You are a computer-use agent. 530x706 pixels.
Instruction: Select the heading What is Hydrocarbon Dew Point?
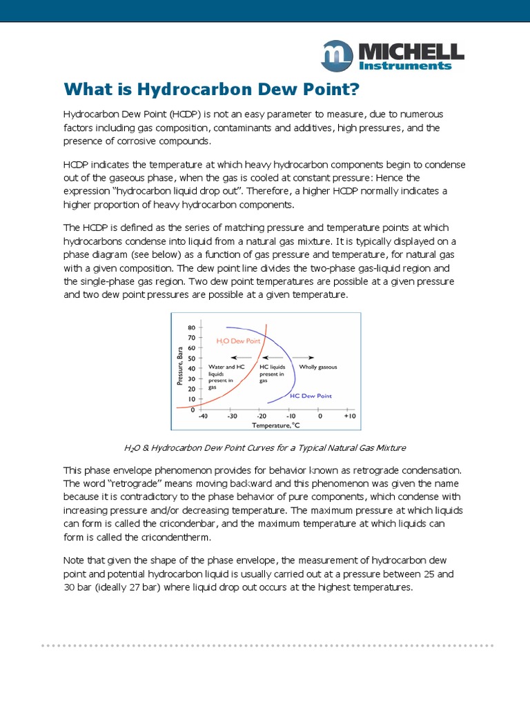pos(212,89)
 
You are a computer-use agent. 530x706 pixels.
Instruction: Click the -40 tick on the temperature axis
pos(203,416)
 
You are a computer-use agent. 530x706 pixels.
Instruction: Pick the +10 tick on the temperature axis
pos(349,416)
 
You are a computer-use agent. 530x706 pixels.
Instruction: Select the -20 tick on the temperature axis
pos(262,416)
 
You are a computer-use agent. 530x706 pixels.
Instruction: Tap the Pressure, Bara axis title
pos(181,366)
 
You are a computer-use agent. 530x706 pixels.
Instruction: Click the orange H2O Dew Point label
pos(237,341)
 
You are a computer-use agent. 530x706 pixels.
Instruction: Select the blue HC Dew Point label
pos(311,396)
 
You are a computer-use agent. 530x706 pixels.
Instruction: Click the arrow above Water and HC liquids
pos(240,357)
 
